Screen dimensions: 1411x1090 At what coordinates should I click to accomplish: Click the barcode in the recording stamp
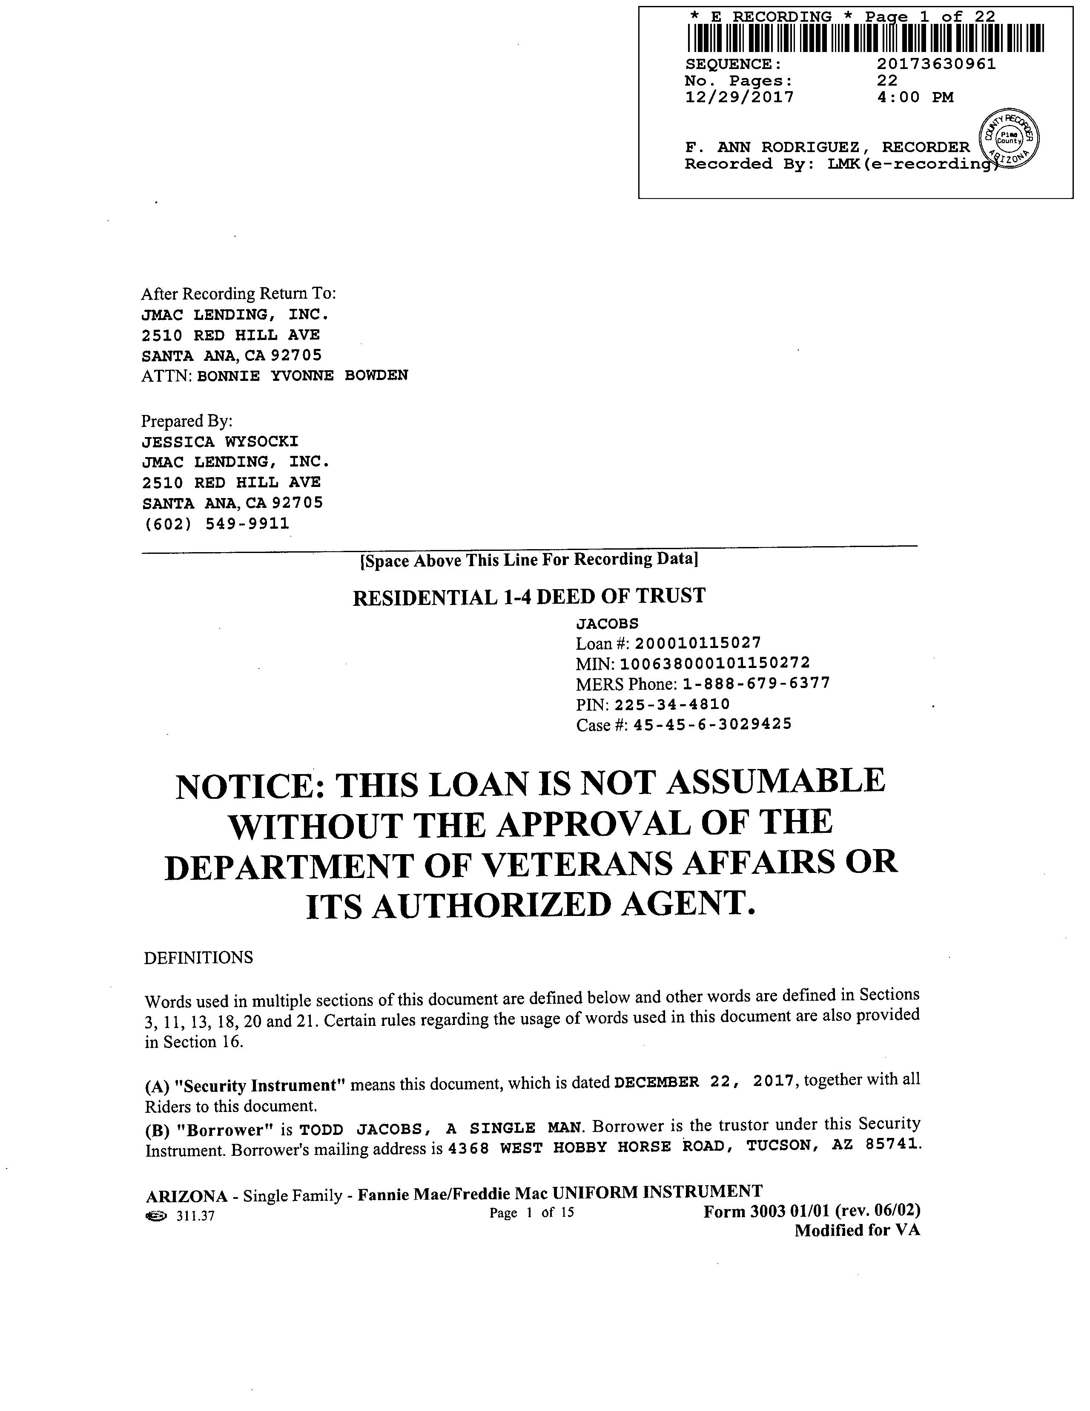(x=865, y=38)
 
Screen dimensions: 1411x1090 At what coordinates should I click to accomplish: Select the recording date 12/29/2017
(x=739, y=98)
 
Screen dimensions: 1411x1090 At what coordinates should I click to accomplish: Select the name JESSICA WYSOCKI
(x=220, y=442)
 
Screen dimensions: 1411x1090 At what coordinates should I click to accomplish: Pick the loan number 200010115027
(x=697, y=643)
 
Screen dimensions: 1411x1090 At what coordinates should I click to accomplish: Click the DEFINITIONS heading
(x=198, y=957)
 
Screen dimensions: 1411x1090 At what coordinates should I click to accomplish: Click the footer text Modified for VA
(x=857, y=1231)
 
